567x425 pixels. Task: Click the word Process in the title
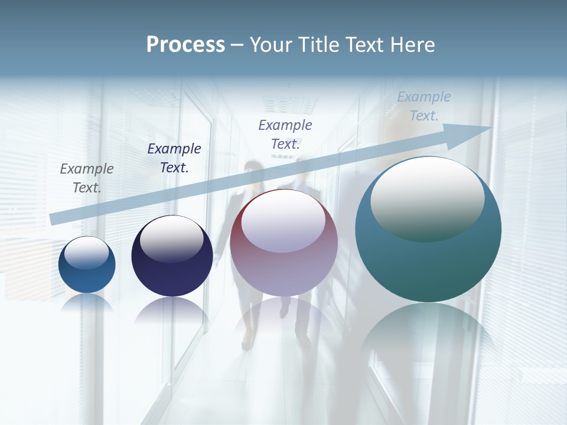[185, 45]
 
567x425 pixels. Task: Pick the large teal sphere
[428, 266]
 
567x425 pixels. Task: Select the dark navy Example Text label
[174, 158]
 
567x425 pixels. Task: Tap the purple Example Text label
[285, 135]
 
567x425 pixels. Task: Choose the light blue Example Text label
[424, 106]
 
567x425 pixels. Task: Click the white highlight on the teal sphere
[427, 198]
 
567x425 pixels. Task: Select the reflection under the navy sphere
[172, 310]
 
